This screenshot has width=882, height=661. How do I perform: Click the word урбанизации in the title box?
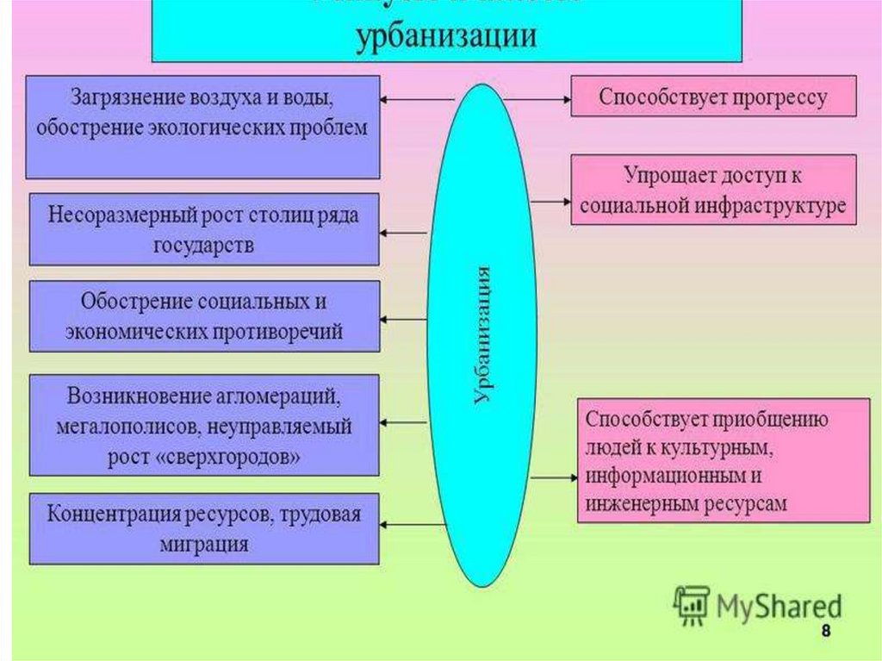[x=447, y=38]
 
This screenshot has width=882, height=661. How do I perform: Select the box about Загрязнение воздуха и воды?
[x=202, y=127]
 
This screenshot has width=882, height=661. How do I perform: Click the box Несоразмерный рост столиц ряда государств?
[x=204, y=228]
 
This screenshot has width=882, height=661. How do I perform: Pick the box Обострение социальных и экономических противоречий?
[x=204, y=316]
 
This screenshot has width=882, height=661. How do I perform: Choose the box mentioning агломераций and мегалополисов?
[x=204, y=424]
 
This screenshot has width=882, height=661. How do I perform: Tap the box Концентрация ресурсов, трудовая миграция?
[x=204, y=528]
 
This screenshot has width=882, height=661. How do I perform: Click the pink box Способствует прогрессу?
[x=713, y=97]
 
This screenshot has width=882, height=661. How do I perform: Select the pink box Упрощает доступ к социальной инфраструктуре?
[x=713, y=190]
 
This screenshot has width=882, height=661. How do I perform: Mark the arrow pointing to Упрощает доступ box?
[x=551, y=201]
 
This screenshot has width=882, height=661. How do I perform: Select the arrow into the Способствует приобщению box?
[x=555, y=477]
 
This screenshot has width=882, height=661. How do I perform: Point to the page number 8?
[x=826, y=632]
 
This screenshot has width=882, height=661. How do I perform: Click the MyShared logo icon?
[x=692, y=605]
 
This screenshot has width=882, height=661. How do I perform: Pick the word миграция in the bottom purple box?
[x=204, y=545]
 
